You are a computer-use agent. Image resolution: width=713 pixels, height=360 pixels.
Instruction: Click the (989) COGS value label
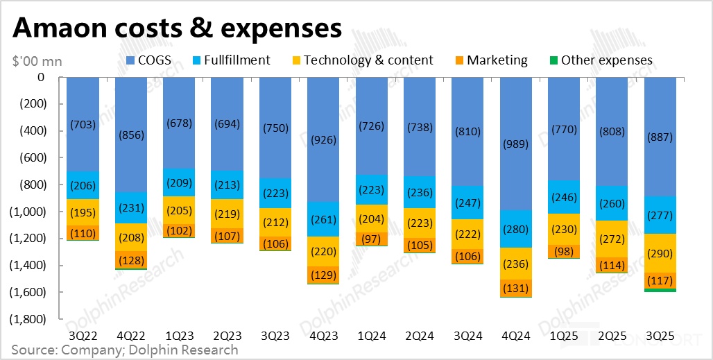(516, 144)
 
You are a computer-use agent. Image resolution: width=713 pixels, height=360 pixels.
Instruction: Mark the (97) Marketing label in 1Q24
(372, 239)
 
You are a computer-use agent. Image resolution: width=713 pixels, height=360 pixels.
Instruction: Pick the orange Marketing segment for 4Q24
(516, 288)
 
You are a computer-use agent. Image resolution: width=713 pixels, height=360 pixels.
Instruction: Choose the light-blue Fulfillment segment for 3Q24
(468, 203)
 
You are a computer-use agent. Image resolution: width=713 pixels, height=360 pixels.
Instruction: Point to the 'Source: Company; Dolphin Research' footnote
(125, 350)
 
